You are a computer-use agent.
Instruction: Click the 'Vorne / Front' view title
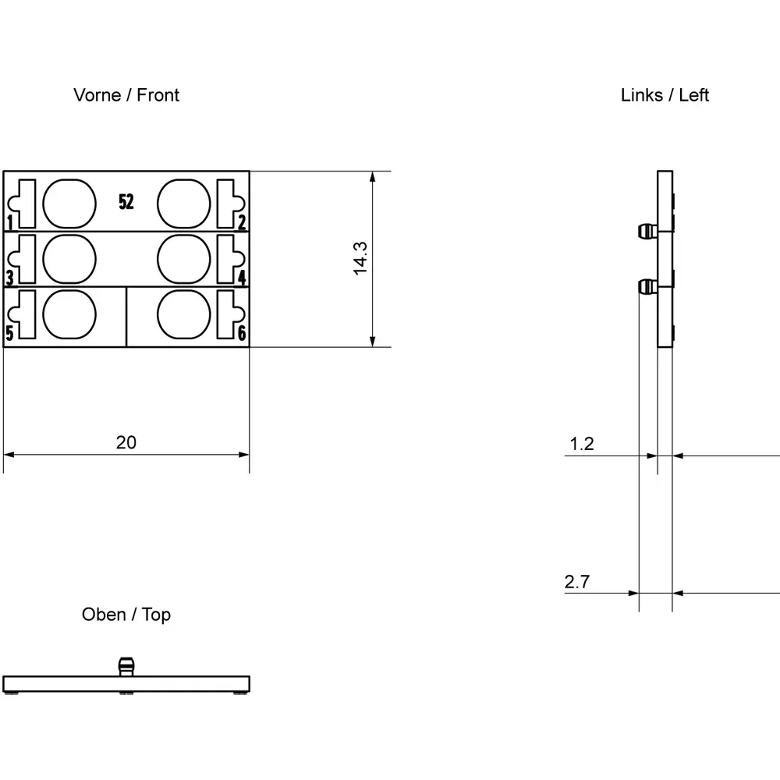tap(126, 95)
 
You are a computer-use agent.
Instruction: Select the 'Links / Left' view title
tap(665, 95)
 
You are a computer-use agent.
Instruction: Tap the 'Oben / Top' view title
tap(126, 615)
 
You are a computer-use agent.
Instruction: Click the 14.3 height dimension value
tap(360, 258)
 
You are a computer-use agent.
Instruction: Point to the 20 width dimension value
tap(126, 442)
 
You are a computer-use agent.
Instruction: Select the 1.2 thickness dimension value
tap(582, 444)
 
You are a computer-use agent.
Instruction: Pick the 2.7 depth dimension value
tap(577, 582)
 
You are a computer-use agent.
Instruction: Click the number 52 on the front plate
tap(126, 202)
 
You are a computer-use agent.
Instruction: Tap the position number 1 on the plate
tap(10, 222)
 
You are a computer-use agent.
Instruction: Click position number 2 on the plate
tap(242, 222)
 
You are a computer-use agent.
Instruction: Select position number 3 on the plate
tap(10, 278)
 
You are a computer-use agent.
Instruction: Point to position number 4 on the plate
tap(242, 278)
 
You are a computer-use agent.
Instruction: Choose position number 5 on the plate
tap(10, 333)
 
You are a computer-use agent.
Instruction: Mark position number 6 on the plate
tap(242, 333)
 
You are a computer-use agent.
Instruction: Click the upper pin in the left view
tap(647, 232)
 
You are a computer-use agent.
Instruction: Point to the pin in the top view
tap(126, 667)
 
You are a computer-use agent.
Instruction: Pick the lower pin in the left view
tap(647, 287)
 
